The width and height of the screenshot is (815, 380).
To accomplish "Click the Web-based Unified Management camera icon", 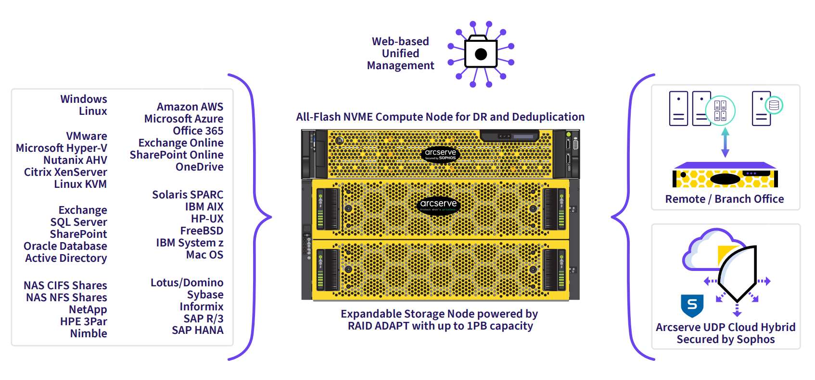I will tap(481, 53).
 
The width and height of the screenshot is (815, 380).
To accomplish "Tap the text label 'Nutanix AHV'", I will tap(75, 160).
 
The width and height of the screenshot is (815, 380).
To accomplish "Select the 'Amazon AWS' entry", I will tap(190, 107).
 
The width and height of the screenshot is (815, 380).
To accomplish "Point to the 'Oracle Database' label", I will tap(65, 246).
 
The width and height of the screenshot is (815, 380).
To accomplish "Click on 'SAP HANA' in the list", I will tap(198, 330).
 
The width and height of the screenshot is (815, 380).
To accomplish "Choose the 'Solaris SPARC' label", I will tap(188, 195).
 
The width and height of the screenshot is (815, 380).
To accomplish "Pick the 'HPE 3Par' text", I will tap(84, 321).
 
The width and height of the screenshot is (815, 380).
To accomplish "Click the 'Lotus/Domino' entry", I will tap(187, 282).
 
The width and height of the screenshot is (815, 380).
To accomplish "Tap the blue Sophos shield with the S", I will tap(692, 305).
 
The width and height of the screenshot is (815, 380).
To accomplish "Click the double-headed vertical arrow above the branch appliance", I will tap(726, 142).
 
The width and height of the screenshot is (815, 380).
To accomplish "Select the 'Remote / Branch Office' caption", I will tap(725, 199).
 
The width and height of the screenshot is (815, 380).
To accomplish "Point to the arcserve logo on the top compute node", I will tap(440, 154).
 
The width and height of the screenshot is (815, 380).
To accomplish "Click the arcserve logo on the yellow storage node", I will tap(438, 205).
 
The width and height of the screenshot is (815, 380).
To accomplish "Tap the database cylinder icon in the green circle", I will tap(774, 105).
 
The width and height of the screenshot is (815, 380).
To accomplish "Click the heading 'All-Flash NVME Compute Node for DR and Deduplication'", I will tap(440, 117).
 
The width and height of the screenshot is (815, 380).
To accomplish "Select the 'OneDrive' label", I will tap(199, 167).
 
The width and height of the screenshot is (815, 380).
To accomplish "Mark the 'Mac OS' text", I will tap(204, 255).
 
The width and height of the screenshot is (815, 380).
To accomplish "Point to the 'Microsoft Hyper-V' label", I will tap(62, 148).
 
